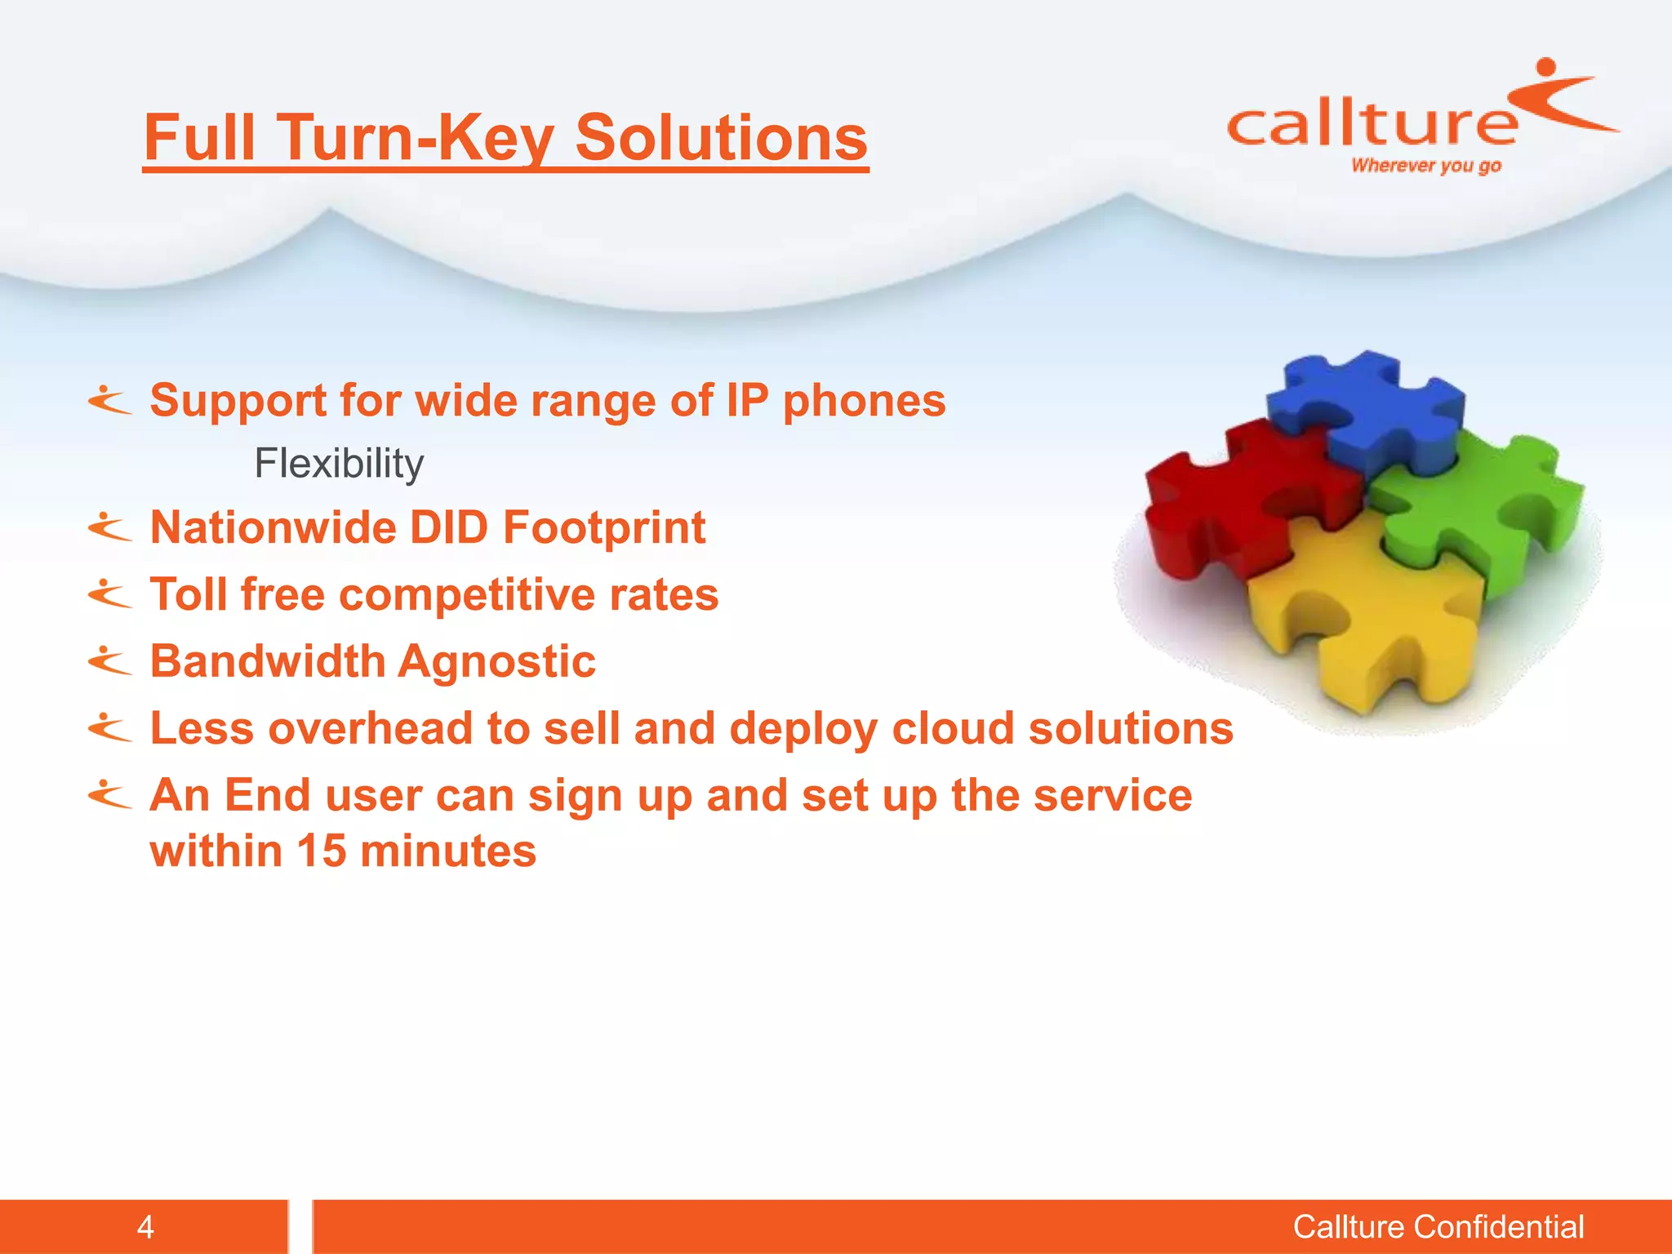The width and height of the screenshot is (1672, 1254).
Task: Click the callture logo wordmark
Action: (1372, 125)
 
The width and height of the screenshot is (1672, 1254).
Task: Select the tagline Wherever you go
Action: (1425, 166)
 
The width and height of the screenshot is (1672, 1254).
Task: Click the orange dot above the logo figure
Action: (1545, 66)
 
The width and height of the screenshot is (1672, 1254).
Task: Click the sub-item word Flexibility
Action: (339, 464)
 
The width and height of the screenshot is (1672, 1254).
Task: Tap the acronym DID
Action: (449, 527)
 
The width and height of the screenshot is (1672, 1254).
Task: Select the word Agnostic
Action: (497, 661)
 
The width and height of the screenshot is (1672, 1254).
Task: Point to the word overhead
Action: (370, 728)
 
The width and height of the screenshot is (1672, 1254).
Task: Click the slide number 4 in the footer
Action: (145, 1227)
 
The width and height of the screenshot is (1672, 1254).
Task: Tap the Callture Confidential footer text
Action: (1438, 1227)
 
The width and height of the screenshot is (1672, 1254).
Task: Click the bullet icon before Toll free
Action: (109, 594)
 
